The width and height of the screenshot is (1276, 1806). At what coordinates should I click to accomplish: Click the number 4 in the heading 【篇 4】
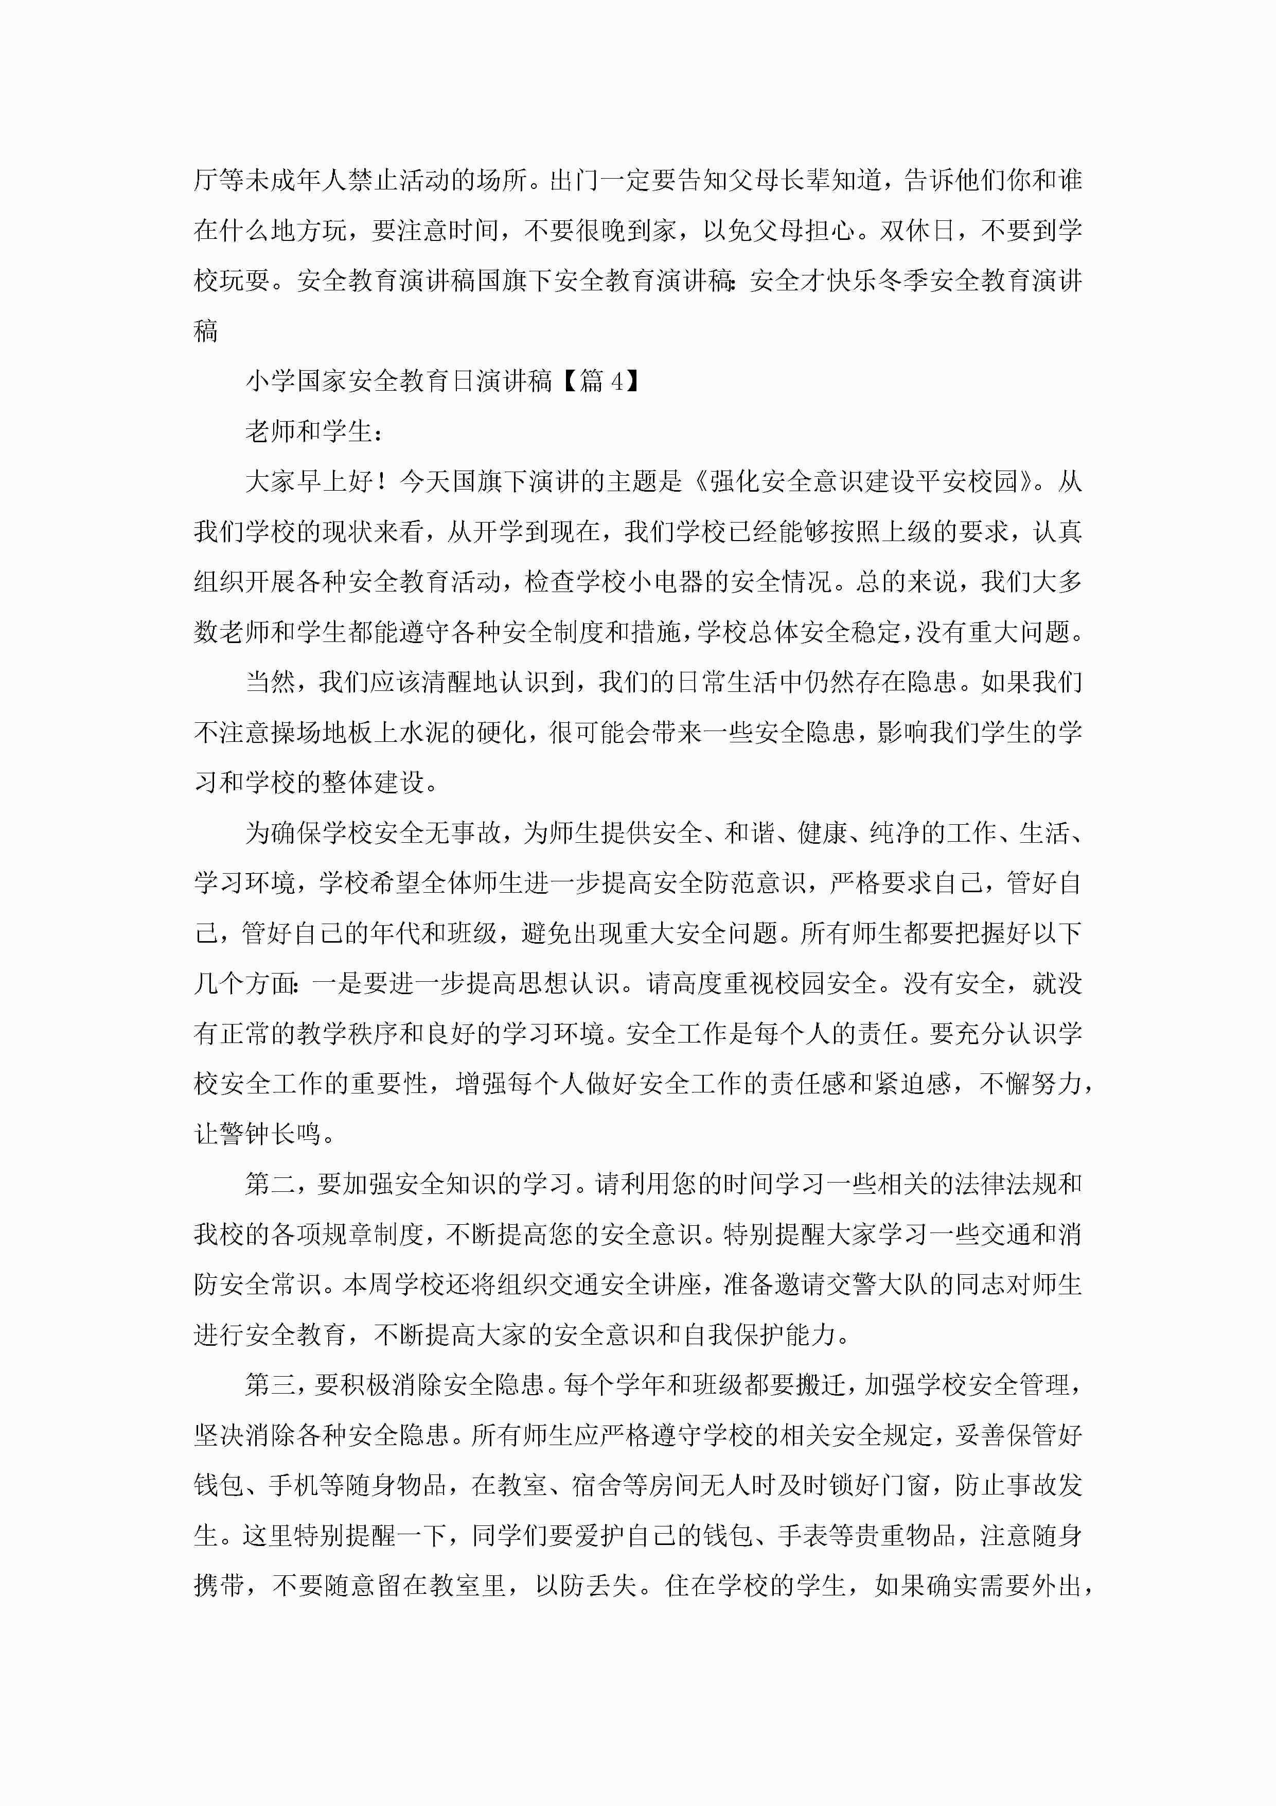pos(617,381)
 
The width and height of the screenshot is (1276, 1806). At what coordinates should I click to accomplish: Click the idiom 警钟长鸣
pos(258,1134)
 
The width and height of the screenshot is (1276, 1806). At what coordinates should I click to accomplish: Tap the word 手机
pos(293,1485)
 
